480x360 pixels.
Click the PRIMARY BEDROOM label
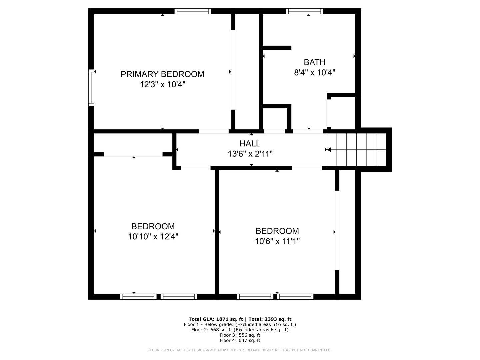(162, 74)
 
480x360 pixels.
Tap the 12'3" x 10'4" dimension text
(162, 85)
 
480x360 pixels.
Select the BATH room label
(314, 62)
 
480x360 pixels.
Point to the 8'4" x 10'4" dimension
(314, 73)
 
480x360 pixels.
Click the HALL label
(250, 144)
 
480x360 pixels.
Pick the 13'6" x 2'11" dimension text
(250, 154)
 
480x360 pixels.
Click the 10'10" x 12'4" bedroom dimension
(153, 237)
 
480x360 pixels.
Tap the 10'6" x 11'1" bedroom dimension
(277, 241)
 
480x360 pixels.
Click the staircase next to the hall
(357, 149)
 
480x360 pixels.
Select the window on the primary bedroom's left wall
(91, 88)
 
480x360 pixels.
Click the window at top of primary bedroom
(193, 11)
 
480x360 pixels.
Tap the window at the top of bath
(304, 11)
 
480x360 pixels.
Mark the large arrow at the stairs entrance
(328, 150)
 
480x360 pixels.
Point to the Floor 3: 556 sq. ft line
(240, 335)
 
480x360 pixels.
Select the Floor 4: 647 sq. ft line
(240, 340)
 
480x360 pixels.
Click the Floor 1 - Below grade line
(240, 324)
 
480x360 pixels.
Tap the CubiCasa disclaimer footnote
(240, 350)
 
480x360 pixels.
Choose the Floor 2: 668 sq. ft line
(240, 330)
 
